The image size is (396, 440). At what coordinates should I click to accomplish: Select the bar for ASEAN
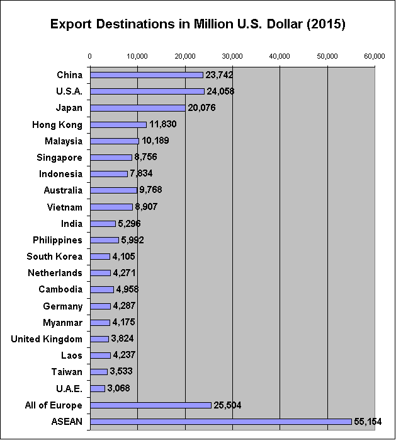[x=220, y=421]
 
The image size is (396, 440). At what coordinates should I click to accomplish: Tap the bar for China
[x=146, y=75]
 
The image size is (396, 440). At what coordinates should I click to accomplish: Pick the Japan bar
[x=137, y=108]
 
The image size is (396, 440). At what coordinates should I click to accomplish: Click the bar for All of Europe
[x=150, y=405]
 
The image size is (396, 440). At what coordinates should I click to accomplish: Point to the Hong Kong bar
[x=118, y=124]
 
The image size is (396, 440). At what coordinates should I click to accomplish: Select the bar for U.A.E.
[x=97, y=388]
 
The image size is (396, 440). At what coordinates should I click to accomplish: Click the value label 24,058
[x=220, y=91]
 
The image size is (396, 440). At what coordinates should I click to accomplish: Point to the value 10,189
[x=155, y=141]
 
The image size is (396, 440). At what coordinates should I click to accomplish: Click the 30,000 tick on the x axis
[x=232, y=56]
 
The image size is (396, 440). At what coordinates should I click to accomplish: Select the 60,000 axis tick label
[x=375, y=56]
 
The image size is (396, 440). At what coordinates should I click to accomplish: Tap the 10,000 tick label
[x=137, y=56]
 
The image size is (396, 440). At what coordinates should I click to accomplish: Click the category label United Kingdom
[x=47, y=339]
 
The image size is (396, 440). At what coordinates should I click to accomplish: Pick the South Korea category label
[x=55, y=257]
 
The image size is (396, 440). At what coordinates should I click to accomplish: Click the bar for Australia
[x=113, y=190]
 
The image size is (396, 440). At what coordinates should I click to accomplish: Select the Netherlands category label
[x=55, y=273]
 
